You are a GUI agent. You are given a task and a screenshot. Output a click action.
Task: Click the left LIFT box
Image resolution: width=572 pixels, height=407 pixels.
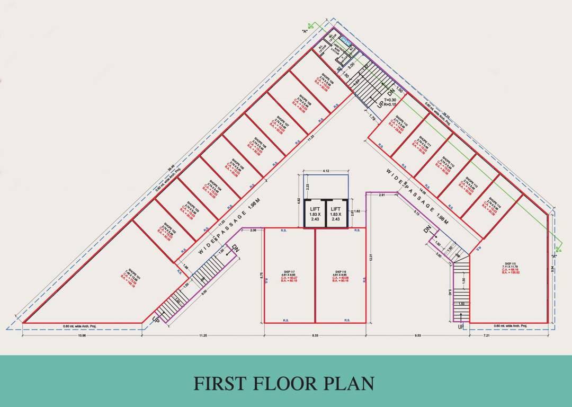point(315,214)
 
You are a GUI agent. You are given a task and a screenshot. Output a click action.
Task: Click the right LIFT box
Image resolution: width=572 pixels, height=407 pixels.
point(336,214)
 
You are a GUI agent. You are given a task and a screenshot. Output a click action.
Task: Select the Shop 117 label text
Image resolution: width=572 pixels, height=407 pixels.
point(289,272)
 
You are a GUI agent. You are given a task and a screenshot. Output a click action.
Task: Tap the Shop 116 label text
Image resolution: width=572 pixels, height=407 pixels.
point(341,272)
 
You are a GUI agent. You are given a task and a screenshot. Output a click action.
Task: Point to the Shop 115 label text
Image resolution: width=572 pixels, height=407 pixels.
point(510,264)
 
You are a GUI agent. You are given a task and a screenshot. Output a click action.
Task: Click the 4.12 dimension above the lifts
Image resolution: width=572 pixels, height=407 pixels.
point(326,171)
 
